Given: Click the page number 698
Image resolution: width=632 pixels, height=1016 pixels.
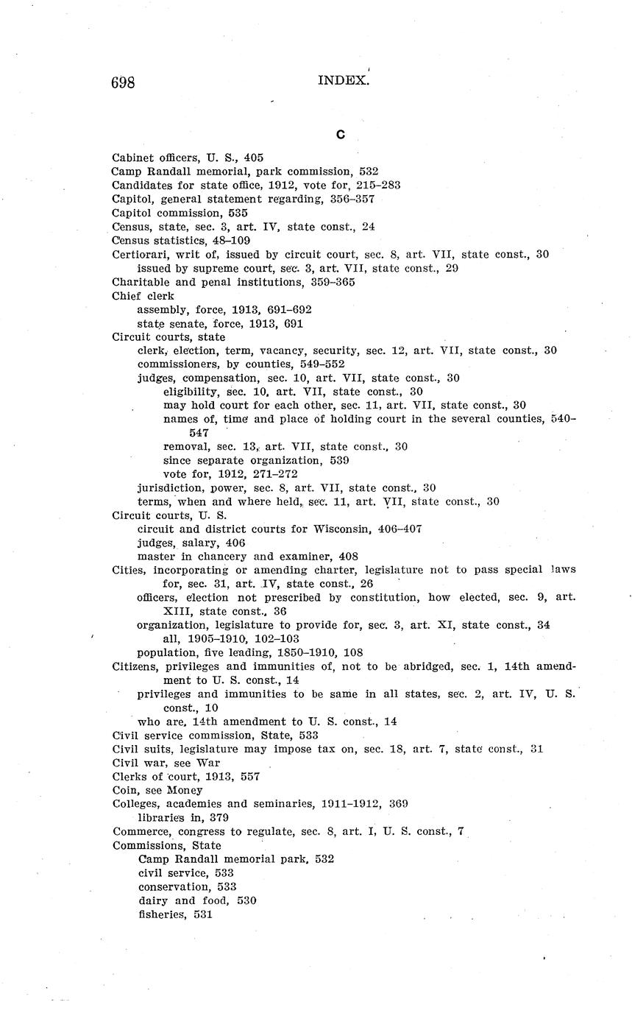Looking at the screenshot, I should (x=123, y=82).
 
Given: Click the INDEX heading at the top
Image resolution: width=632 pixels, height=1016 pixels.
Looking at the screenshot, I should (x=342, y=81).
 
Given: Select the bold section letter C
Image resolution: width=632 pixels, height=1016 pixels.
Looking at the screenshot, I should (x=341, y=135).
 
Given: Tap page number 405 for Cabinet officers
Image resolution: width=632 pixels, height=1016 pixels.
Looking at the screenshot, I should (x=254, y=158).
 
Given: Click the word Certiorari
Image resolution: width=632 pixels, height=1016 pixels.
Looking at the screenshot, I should (x=138, y=254).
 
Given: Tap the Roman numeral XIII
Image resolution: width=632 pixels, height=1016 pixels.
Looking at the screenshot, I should (x=177, y=611).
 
